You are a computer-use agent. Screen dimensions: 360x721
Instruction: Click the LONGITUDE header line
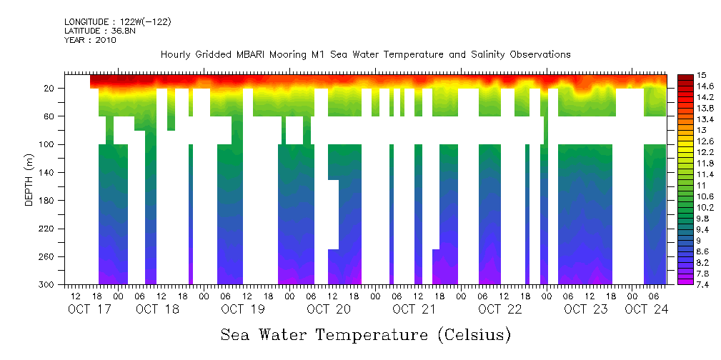point(117,22)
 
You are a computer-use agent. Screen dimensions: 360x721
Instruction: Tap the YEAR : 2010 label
point(90,40)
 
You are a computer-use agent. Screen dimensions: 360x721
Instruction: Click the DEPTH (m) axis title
point(29,182)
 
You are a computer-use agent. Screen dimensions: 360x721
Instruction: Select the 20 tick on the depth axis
point(50,88)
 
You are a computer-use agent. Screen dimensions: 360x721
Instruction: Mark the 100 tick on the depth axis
point(48,144)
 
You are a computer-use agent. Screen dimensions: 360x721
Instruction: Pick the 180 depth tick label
point(48,201)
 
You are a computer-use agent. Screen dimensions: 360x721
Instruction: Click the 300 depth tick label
point(48,285)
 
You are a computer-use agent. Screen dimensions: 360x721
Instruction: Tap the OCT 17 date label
point(89,309)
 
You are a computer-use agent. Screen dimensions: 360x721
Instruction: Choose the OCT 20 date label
point(329,309)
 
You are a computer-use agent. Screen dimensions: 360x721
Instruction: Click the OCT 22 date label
point(500,309)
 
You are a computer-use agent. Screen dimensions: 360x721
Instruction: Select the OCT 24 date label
point(647,309)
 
